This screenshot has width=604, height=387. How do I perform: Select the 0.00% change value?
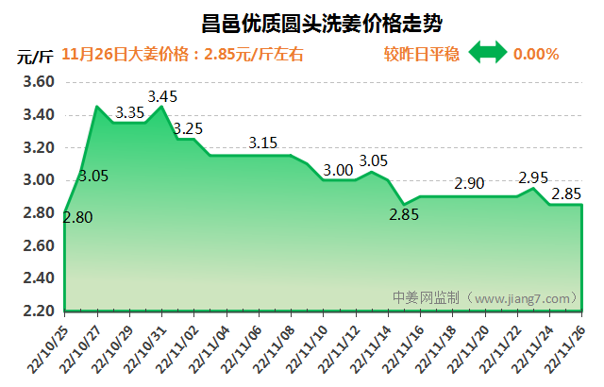tap(536, 54)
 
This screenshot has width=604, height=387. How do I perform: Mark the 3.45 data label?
tap(163, 95)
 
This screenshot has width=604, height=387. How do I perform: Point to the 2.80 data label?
tap(78, 218)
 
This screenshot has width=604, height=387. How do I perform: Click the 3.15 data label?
tap(263, 143)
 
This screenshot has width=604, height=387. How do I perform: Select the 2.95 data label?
tap(533, 177)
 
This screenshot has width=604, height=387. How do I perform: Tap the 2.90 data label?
tap(469, 183)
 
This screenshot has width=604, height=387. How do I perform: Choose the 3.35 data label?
tap(129, 112)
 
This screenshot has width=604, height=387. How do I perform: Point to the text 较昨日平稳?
tap(422, 54)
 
